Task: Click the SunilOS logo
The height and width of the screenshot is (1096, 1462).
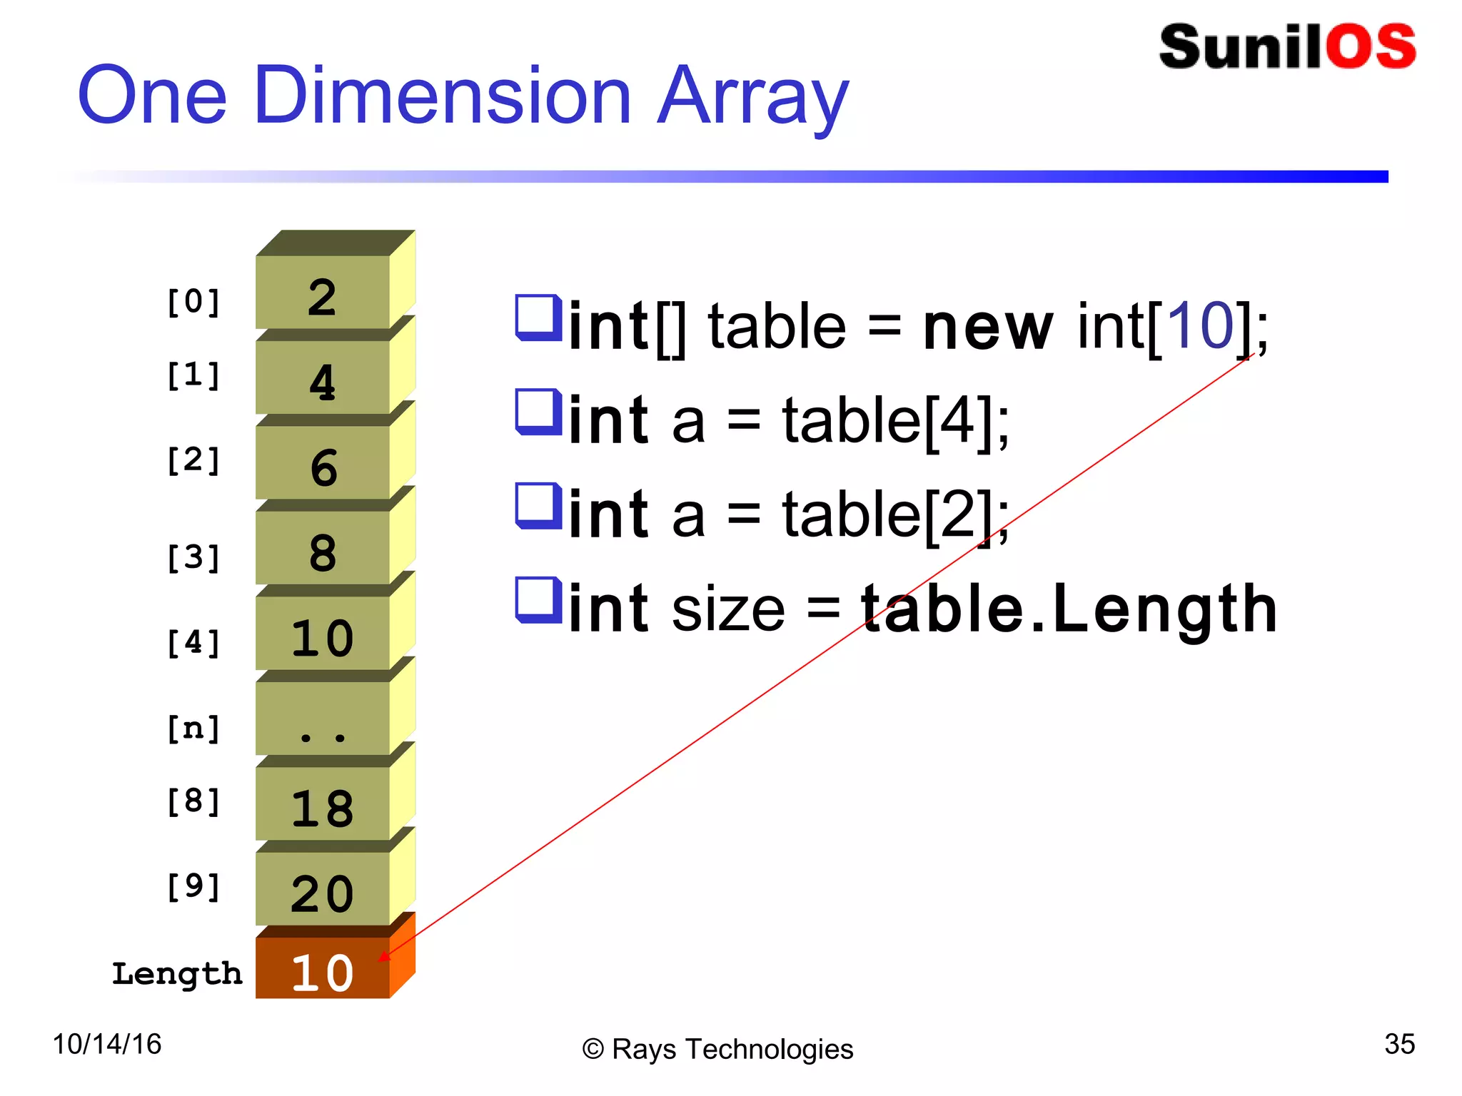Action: (x=1287, y=47)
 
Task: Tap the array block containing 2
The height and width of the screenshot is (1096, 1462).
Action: (x=323, y=293)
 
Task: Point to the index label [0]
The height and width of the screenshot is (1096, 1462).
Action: (x=193, y=302)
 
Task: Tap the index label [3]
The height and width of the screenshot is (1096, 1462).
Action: (x=193, y=557)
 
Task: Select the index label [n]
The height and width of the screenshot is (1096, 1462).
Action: (x=193, y=729)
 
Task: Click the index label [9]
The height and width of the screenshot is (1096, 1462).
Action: (x=193, y=887)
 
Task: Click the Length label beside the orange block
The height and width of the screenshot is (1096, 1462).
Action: (x=177, y=974)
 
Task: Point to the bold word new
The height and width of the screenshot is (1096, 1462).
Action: (x=987, y=327)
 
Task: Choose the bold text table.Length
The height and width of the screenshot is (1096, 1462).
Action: (x=1069, y=608)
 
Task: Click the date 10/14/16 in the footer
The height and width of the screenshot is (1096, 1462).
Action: (x=107, y=1044)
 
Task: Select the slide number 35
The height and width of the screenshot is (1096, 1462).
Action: (x=1399, y=1044)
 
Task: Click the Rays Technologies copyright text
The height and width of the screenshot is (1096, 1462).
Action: (x=718, y=1049)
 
